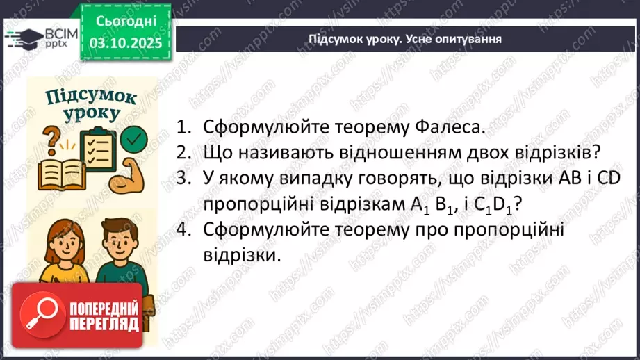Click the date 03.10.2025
pyautogui.click(x=125, y=42)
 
